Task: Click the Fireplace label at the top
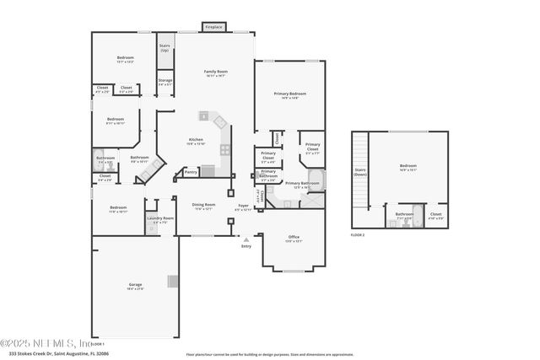[x=214, y=28]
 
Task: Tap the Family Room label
[x=216, y=72]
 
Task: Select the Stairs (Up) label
[x=165, y=48]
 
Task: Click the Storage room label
[x=165, y=81]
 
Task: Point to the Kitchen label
[x=196, y=140]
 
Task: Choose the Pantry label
[x=191, y=172]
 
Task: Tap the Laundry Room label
[x=159, y=219]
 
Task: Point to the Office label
[x=294, y=237]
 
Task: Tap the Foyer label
[x=243, y=206]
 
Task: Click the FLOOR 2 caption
[x=359, y=235]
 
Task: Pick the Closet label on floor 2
[x=435, y=214]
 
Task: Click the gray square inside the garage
[x=172, y=281]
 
